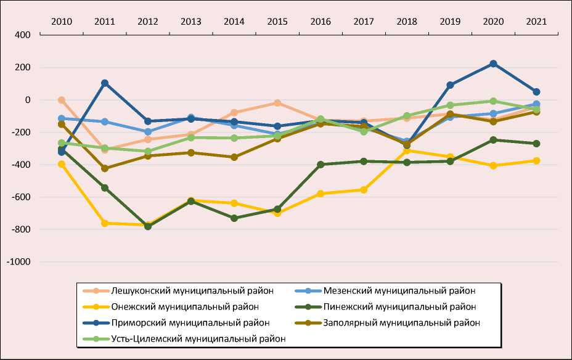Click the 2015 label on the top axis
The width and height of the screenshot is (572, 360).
(x=277, y=21)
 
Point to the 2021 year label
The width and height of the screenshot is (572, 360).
(x=536, y=21)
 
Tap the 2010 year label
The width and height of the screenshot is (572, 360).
(x=62, y=21)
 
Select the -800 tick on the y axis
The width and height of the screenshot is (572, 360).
(x=21, y=229)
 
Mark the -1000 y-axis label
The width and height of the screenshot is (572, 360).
(x=18, y=262)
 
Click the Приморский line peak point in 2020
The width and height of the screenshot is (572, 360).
(x=493, y=63)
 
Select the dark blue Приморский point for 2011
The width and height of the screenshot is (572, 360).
(x=105, y=83)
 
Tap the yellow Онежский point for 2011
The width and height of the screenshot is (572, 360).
(x=105, y=223)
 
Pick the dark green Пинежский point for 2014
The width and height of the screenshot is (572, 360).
(x=234, y=218)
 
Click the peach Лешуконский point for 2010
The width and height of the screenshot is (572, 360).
(x=62, y=100)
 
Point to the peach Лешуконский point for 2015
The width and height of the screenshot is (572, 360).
(x=277, y=103)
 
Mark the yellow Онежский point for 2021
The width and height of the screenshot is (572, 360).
(x=536, y=161)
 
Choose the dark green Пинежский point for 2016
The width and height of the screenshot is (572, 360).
(x=321, y=165)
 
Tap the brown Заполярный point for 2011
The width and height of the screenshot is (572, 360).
(x=105, y=168)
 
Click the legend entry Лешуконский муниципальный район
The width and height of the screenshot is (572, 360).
(x=193, y=290)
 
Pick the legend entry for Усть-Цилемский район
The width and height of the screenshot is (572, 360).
(x=198, y=338)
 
